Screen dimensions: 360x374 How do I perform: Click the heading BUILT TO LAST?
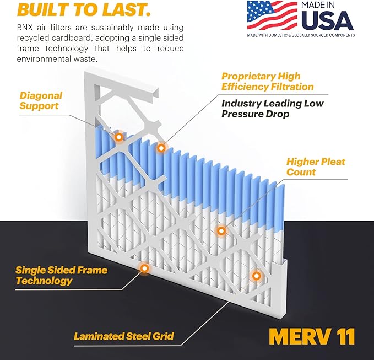(x=77, y=9)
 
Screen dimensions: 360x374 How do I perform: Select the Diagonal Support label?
(x=41, y=101)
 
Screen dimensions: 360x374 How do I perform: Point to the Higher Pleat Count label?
(x=316, y=167)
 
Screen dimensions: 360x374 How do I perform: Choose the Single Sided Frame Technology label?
(x=61, y=276)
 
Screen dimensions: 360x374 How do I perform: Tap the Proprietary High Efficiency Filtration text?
(x=267, y=82)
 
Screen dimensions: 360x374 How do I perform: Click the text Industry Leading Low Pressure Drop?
(x=272, y=109)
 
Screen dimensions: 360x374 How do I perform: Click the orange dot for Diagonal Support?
(x=118, y=136)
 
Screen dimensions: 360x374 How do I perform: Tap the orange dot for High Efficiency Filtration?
(x=161, y=148)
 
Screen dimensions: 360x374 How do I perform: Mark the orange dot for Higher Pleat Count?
(x=221, y=230)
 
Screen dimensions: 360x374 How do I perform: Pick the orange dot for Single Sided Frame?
(x=144, y=268)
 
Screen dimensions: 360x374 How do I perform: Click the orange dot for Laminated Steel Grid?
(x=256, y=275)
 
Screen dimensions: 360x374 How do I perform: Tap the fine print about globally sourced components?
(x=301, y=35)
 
